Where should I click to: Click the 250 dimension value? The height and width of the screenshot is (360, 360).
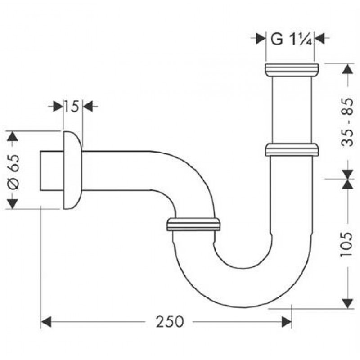pyautogui.click(x=170, y=321)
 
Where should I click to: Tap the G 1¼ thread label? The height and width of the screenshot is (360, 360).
pyautogui.click(x=291, y=39)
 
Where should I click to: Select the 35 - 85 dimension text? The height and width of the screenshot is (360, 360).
pyautogui.click(x=346, y=122)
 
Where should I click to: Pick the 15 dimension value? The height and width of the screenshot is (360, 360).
pyautogui.click(x=71, y=107)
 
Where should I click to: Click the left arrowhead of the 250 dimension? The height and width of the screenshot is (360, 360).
pyautogui.click(x=46, y=322)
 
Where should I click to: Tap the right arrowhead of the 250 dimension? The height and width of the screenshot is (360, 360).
pyautogui.click(x=286, y=322)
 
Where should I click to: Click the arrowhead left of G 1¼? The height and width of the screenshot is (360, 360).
pyautogui.click(x=261, y=38)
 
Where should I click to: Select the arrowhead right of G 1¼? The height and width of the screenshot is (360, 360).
pyautogui.click(x=319, y=38)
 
